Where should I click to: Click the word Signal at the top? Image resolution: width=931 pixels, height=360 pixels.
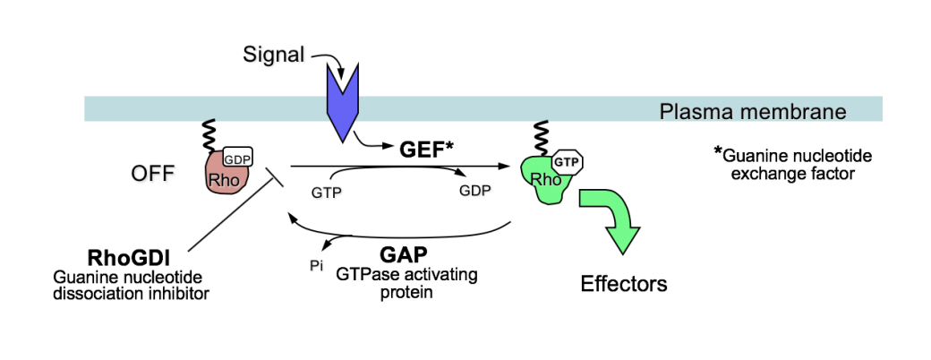[x=273, y=55]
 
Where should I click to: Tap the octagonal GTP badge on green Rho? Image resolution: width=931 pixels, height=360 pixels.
[x=565, y=163]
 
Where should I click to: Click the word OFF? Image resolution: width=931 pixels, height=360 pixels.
[x=153, y=172]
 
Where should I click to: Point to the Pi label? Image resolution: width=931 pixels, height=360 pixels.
[x=315, y=266]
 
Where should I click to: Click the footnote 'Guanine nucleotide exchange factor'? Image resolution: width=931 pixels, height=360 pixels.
[x=794, y=164]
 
